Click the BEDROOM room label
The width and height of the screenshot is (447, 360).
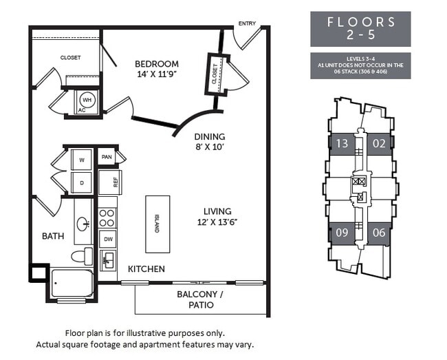tap(156, 64)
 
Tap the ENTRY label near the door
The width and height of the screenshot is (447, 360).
tap(247, 24)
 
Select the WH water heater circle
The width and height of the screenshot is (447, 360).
tap(87, 98)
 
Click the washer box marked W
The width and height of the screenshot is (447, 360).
tap(82, 160)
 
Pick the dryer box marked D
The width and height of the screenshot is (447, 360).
tap(82, 183)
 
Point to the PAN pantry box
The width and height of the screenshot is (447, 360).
tap(107, 157)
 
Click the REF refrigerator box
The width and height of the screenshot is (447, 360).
tap(110, 182)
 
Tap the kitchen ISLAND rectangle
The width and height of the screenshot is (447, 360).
tap(157, 224)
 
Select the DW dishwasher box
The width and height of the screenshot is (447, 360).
tap(107, 239)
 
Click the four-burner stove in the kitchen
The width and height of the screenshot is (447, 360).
tap(107, 218)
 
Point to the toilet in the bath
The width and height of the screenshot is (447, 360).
tap(81, 256)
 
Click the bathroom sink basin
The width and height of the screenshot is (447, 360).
tap(83, 222)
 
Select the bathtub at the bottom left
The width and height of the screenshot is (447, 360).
tap(72, 283)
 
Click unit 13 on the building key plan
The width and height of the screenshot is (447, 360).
tap(341, 144)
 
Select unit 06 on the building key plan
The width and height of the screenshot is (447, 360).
tap(379, 233)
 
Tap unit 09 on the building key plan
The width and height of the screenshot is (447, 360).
tap(341, 233)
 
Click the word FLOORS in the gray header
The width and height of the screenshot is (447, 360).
tap(360, 22)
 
